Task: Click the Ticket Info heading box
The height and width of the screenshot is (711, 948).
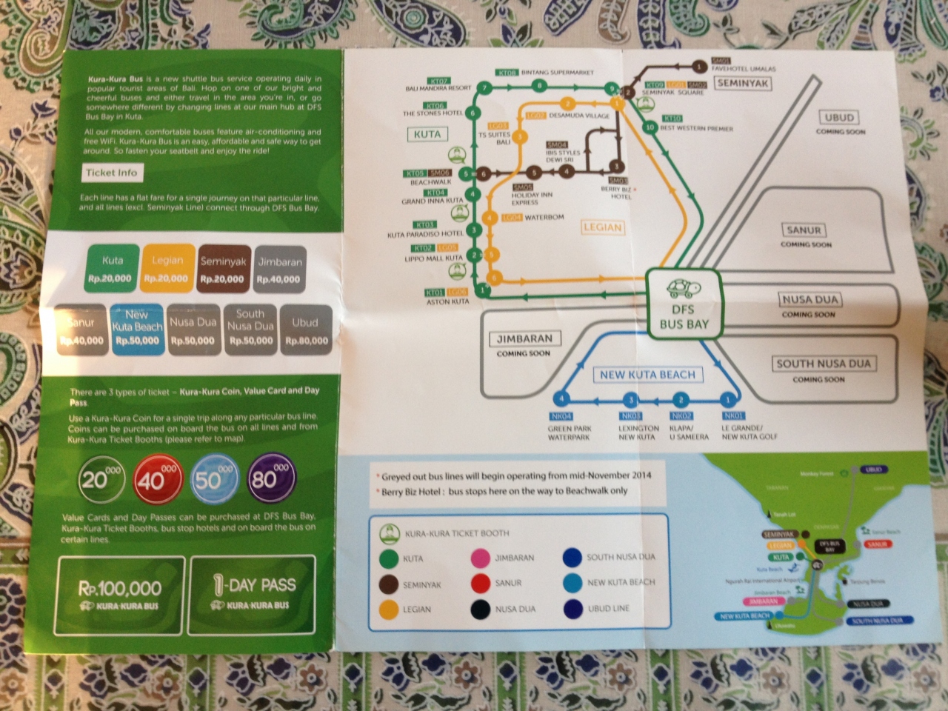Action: [x=111, y=173]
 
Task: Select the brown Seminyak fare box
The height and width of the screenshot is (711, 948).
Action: [x=222, y=268]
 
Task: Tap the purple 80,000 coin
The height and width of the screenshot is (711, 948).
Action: [x=266, y=478]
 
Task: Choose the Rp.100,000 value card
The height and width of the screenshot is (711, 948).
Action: [x=120, y=594]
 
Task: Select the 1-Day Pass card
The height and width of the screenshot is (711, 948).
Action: [x=252, y=594]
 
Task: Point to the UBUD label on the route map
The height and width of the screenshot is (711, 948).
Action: [x=839, y=118]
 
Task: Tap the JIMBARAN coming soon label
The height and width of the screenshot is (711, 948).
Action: [x=524, y=339]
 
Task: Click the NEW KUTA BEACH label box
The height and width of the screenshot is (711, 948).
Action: [x=647, y=375]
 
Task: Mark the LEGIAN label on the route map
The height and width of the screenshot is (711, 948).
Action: [x=601, y=227]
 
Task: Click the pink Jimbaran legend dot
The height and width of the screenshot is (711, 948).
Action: [x=481, y=557]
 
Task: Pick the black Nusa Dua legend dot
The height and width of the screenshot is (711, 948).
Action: [x=481, y=608]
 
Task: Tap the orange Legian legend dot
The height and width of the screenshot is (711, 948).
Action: [x=387, y=609]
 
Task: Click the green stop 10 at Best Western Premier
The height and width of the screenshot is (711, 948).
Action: [x=650, y=127]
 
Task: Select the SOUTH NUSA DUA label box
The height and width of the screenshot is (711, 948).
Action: [x=823, y=364]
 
